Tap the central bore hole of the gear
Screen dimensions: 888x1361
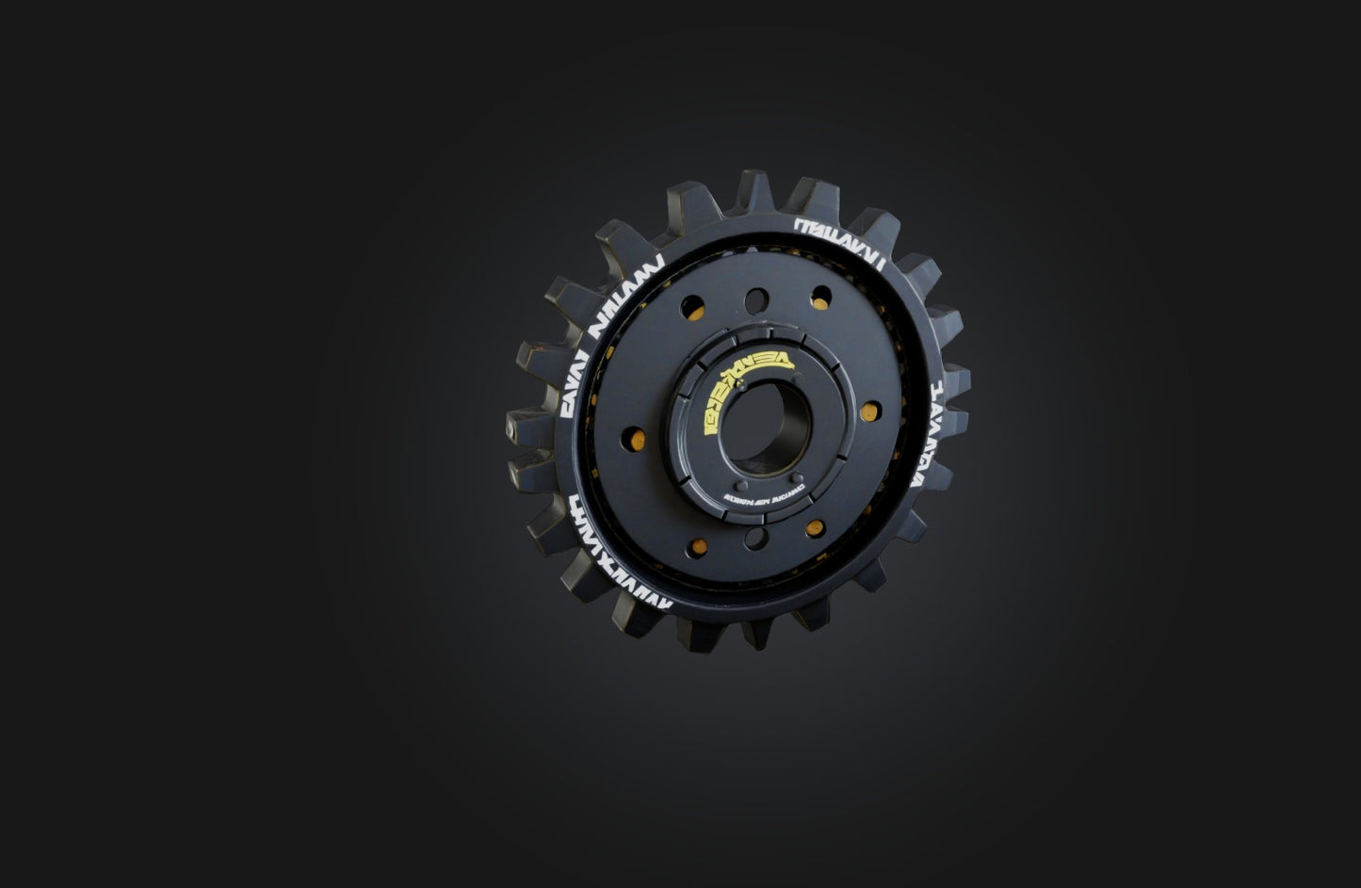click(766, 428)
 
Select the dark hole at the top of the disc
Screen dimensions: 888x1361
click(756, 300)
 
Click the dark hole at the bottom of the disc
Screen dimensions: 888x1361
click(755, 539)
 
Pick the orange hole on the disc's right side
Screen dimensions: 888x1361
click(870, 411)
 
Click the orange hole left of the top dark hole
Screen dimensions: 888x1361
click(692, 308)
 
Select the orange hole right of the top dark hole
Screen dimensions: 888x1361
click(821, 298)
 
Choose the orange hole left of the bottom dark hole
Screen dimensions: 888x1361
click(697, 547)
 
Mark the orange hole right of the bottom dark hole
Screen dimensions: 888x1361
click(816, 528)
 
